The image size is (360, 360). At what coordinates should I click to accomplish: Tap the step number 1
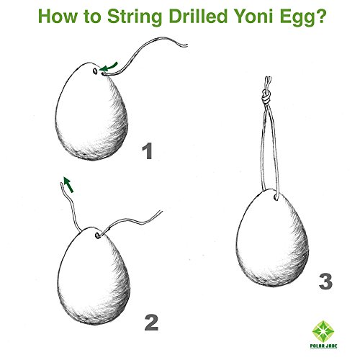[x=148, y=152]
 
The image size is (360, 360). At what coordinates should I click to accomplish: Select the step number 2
[x=150, y=321]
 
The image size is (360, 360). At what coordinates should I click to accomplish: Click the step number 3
[x=325, y=280]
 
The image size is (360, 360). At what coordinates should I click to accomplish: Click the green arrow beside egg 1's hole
[x=110, y=68]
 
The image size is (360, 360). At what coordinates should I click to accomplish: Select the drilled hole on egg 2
[x=95, y=235]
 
